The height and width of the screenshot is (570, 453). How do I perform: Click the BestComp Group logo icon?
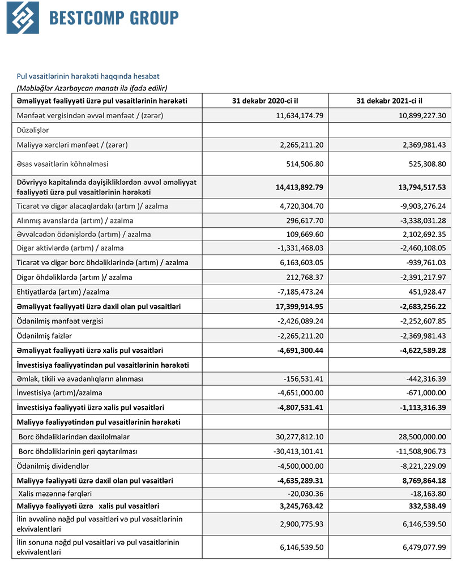point(23,18)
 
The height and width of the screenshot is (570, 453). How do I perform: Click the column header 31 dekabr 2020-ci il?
point(264,101)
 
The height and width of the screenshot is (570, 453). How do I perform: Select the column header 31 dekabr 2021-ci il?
point(390,101)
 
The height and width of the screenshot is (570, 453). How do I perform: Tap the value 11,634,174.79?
point(294,116)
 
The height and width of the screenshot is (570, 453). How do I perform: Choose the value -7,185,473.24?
point(295,292)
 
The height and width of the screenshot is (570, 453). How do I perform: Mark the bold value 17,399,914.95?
point(294,306)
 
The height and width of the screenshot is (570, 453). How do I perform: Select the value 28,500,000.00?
point(418,437)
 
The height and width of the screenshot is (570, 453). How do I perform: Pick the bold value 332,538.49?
point(422,506)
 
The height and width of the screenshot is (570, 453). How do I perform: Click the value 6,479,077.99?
point(418,547)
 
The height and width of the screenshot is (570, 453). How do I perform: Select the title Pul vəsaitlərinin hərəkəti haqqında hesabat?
point(88,76)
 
